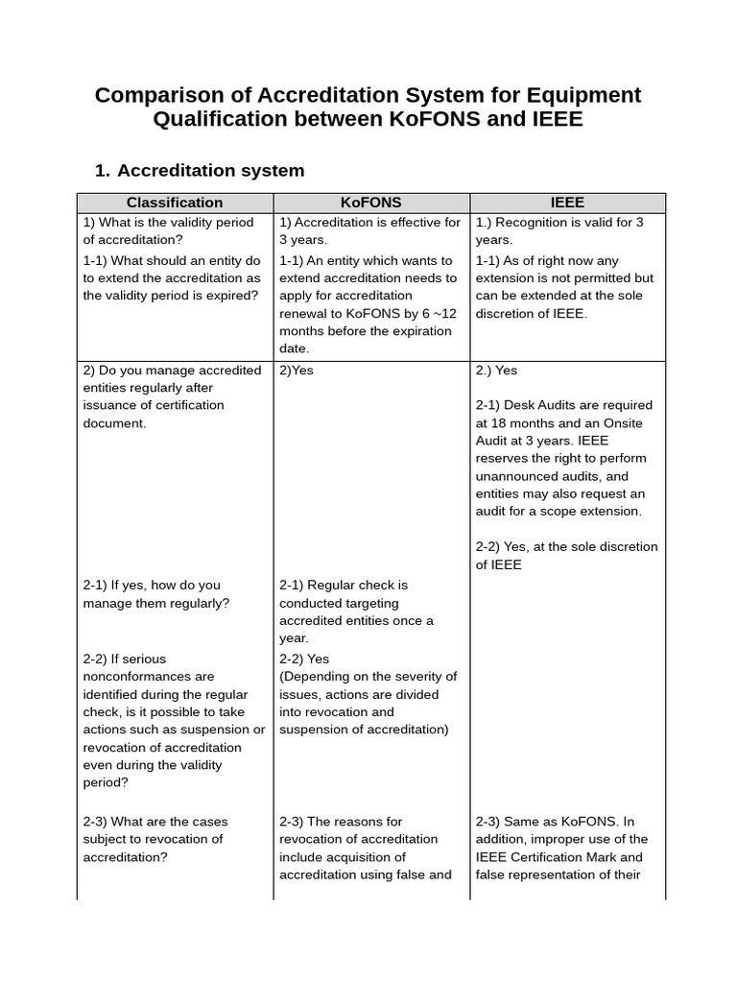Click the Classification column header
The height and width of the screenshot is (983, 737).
pyautogui.click(x=175, y=203)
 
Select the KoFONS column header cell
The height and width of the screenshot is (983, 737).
pyautogui.click(x=370, y=203)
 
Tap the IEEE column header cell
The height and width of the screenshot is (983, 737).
pyautogui.click(x=567, y=203)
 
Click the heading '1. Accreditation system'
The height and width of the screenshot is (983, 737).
pyautogui.click(x=200, y=170)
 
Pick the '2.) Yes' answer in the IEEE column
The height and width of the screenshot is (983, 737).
pyautogui.click(x=496, y=371)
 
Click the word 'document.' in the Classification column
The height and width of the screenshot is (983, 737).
pyautogui.click(x=115, y=423)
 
